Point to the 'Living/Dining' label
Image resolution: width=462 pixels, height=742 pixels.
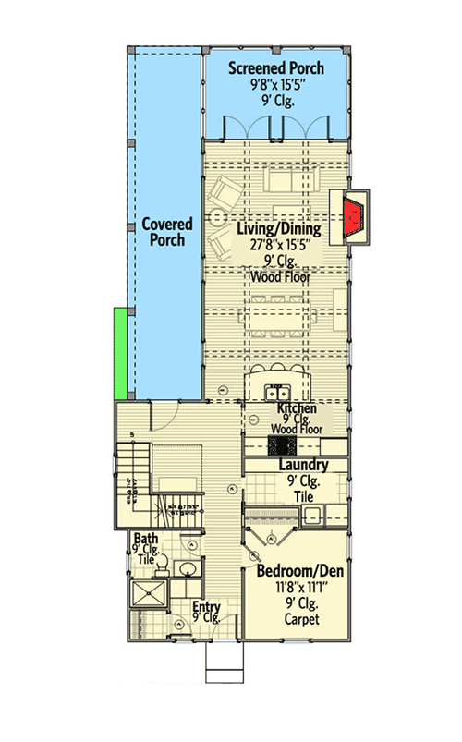coord(278,228)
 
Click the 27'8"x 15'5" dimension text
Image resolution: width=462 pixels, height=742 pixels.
coord(278,246)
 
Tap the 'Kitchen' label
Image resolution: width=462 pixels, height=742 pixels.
coord(297,408)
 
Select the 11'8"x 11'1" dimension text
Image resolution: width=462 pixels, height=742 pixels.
coord(299,589)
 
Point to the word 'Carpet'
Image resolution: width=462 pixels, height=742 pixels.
coord(299,619)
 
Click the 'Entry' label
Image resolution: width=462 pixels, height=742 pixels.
coord(206,607)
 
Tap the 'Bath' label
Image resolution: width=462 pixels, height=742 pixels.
coord(145,539)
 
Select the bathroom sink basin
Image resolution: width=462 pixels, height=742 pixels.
coord(188,567)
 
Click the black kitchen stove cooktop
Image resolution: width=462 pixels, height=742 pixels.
coord(280,445)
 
